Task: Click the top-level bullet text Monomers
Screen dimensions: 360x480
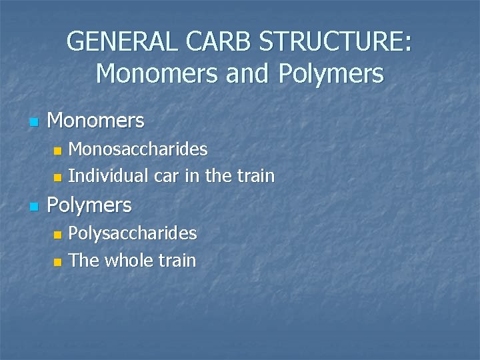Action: (x=96, y=121)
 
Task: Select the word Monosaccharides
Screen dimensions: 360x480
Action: (x=138, y=148)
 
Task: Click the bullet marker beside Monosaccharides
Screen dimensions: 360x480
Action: (x=57, y=151)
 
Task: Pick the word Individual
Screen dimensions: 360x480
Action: (x=109, y=176)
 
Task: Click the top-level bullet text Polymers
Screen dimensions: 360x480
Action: (x=89, y=205)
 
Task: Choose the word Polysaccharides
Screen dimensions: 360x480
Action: (x=133, y=233)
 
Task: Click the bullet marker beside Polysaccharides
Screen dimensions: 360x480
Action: (x=57, y=235)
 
